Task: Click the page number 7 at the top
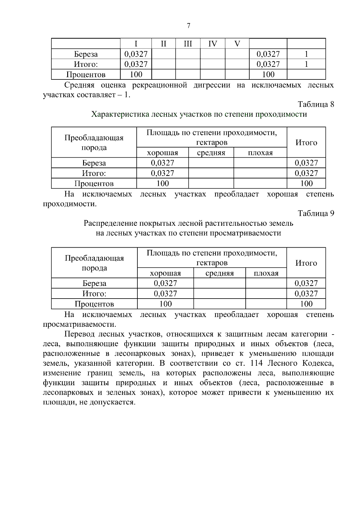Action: point(188,26)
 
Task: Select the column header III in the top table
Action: point(188,44)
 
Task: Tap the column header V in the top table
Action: point(237,44)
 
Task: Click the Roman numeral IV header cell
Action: point(212,44)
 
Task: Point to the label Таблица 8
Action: point(316,104)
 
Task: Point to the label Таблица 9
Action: point(316,213)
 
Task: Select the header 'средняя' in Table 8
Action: point(211,153)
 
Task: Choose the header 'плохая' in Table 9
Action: point(266,273)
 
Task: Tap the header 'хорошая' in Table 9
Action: point(165,273)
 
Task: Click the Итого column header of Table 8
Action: point(306,143)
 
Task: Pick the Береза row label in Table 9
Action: point(94,283)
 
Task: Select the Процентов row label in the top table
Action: point(86,74)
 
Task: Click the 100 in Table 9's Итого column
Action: point(306,304)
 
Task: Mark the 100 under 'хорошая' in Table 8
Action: point(163,183)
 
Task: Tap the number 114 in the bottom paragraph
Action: point(256,363)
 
